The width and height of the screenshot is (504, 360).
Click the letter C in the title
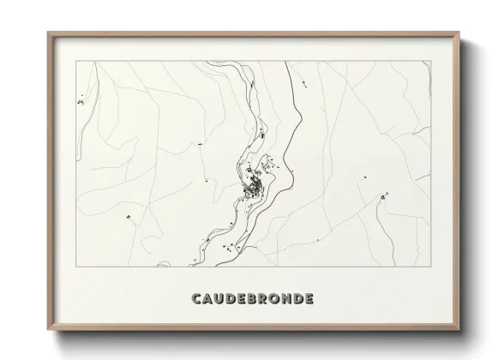tap(197, 299)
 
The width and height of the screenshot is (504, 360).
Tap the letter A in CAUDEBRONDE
tap(210, 299)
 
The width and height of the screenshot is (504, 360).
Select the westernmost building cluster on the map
tap(81, 100)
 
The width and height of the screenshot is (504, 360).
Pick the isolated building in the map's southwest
tap(129, 217)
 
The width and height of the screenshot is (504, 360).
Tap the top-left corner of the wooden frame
tap(48, 33)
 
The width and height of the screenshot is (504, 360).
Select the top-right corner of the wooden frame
tap(460, 33)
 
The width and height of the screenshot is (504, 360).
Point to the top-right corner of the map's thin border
tap(431, 61)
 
